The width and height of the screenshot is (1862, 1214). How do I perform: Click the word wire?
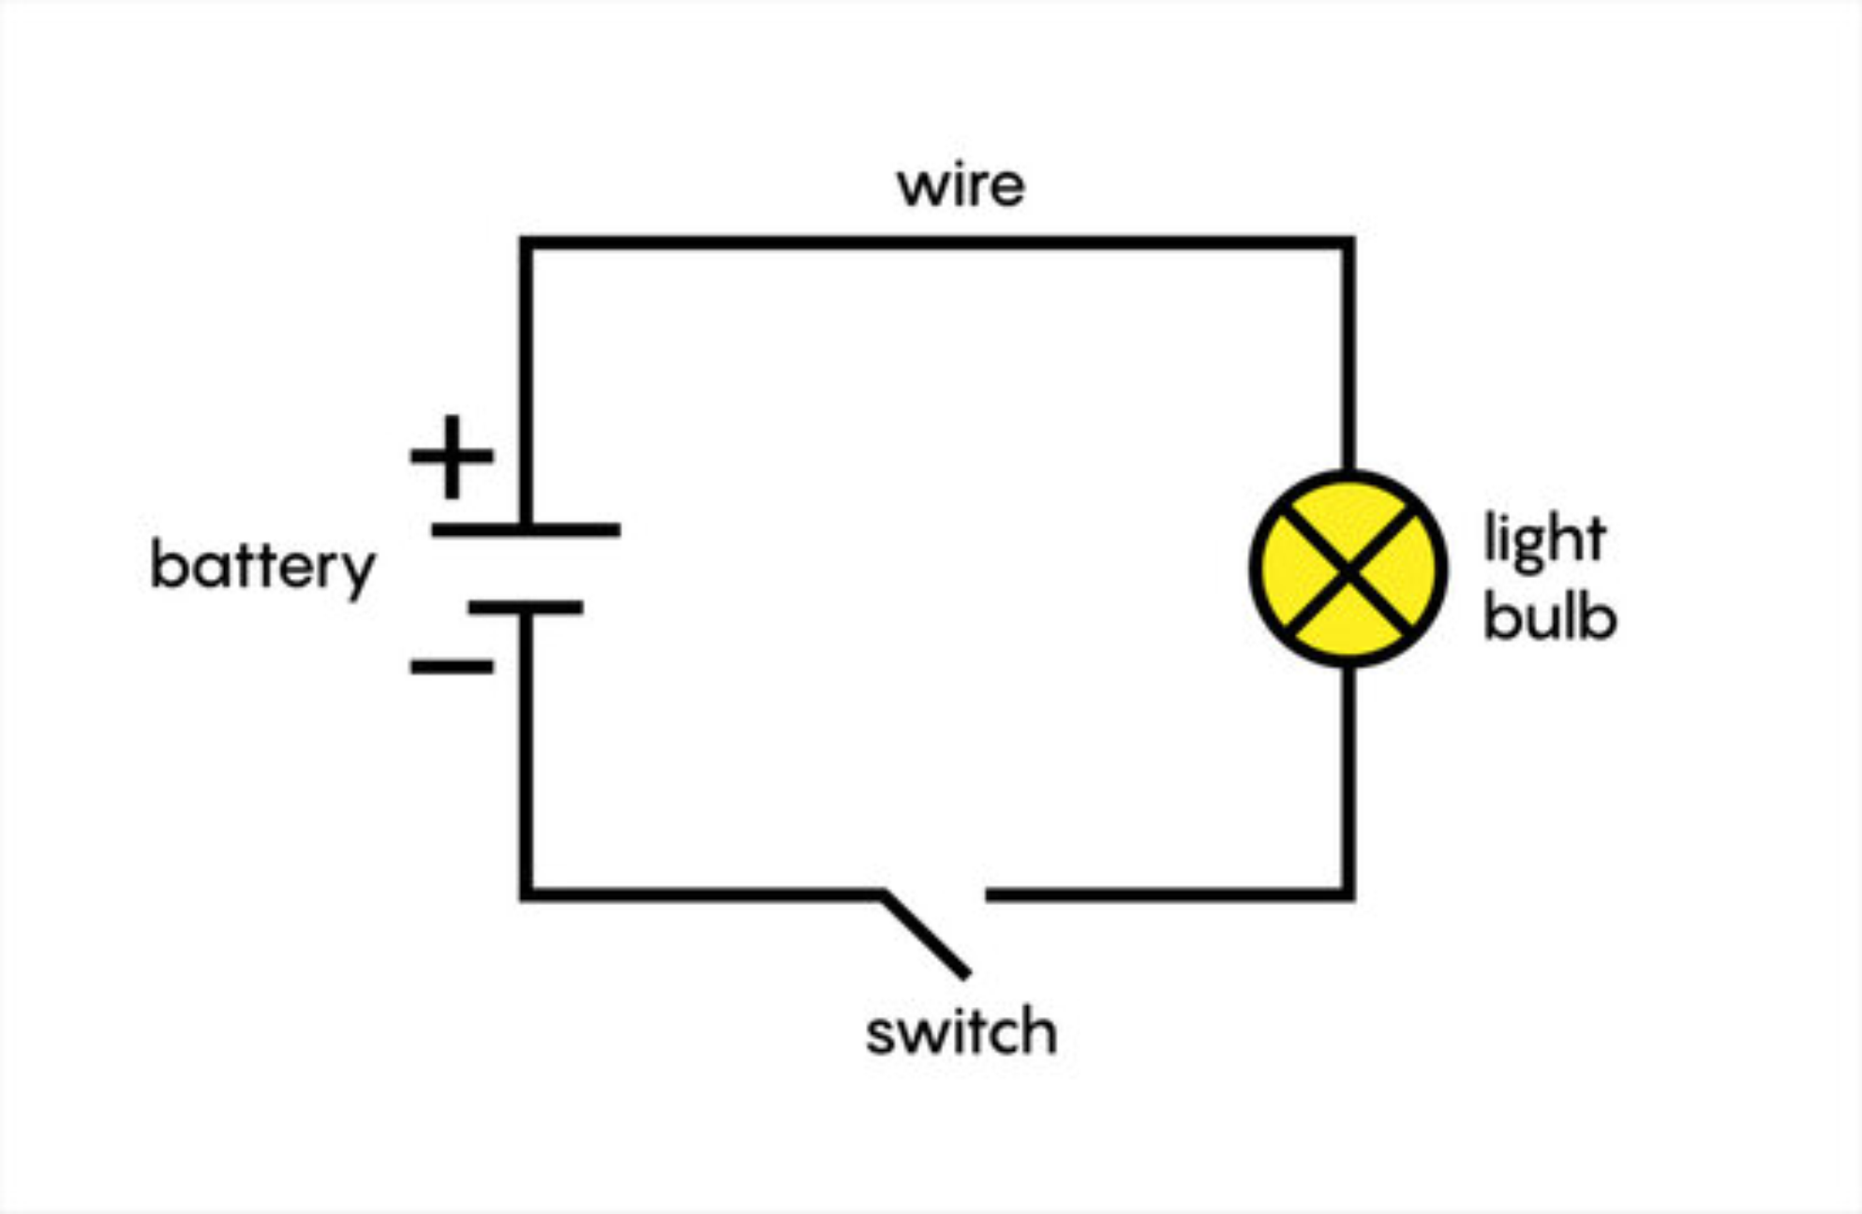point(961,185)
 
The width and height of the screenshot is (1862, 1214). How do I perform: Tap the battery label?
point(262,567)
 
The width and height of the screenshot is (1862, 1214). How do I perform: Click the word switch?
point(961,1031)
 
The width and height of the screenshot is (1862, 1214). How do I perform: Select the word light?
point(1544,540)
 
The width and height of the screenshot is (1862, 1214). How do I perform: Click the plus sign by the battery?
point(452,456)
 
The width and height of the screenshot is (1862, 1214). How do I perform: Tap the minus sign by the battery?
point(452,666)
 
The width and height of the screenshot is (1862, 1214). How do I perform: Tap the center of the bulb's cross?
point(1348,570)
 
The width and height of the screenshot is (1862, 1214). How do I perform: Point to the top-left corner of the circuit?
point(526,244)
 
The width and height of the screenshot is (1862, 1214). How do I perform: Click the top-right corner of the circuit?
point(1348,244)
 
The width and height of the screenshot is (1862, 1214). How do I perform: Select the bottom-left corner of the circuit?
point(526,895)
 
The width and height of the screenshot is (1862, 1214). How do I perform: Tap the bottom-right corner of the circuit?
point(1348,895)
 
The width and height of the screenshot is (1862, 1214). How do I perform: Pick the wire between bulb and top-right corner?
point(1348,356)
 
